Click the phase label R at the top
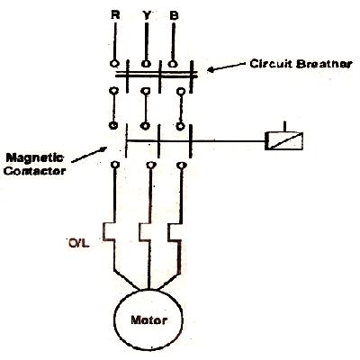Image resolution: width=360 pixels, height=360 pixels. click(113, 16)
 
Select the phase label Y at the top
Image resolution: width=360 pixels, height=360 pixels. click(146, 16)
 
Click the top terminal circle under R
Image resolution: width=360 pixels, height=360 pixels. click(113, 63)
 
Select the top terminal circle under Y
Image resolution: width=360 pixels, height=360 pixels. click(147, 63)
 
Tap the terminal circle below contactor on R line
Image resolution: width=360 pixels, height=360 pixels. click(114, 166)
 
